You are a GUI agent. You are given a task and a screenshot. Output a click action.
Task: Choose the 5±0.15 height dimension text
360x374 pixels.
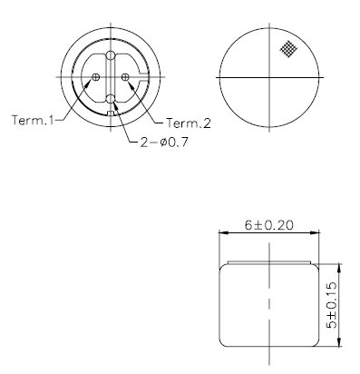pyautogui.click(x=333, y=305)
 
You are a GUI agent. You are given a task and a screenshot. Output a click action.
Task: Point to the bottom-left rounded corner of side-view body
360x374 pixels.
pyautogui.click(x=226, y=342)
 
